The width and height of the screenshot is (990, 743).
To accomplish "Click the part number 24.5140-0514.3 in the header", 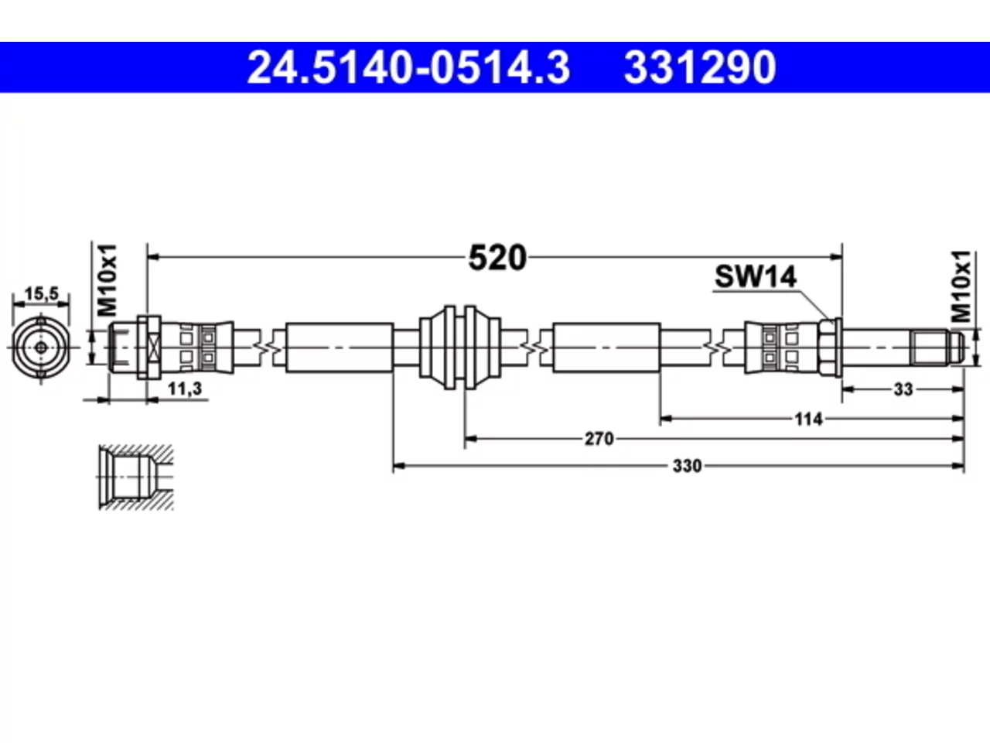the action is pyautogui.click(x=408, y=67).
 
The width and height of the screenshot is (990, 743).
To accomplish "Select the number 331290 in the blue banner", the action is pyautogui.click(x=700, y=67).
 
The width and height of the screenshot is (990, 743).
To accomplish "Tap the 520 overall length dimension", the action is pyautogui.click(x=497, y=258).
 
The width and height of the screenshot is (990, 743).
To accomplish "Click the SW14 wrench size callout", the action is pyautogui.click(x=756, y=276).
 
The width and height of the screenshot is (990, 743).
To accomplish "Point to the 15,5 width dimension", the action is pyautogui.click(x=42, y=293).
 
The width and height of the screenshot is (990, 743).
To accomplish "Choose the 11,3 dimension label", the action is pyautogui.click(x=185, y=389).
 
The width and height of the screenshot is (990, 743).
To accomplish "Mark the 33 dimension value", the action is pyautogui.click(x=903, y=389).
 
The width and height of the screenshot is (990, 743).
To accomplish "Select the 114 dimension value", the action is pyautogui.click(x=809, y=419).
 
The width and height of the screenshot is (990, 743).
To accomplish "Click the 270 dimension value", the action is pyautogui.click(x=599, y=439).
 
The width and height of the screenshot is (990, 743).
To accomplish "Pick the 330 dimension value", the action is pyautogui.click(x=688, y=466).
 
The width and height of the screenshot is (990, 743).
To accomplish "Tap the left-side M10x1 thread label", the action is pyautogui.click(x=108, y=281).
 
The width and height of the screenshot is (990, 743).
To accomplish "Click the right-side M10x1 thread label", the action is pyautogui.click(x=961, y=286).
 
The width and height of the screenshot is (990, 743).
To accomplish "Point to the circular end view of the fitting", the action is pyautogui.click(x=41, y=348).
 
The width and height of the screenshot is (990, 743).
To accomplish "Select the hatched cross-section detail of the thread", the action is pyautogui.click(x=136, y=478).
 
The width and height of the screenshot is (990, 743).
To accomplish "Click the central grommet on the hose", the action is pyautogui.click(x=460, y=348).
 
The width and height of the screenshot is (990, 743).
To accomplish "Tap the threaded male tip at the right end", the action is pyautogui.click(x=937, y=348).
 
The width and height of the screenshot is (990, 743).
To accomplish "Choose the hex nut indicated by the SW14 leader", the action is pyautogui.click(x=830, y=348).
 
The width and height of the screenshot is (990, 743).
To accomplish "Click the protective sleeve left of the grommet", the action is pyautogui.click(x=340, y=348).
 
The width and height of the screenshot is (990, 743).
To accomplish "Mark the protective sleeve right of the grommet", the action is pyautogui.click(x=606, y=348).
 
